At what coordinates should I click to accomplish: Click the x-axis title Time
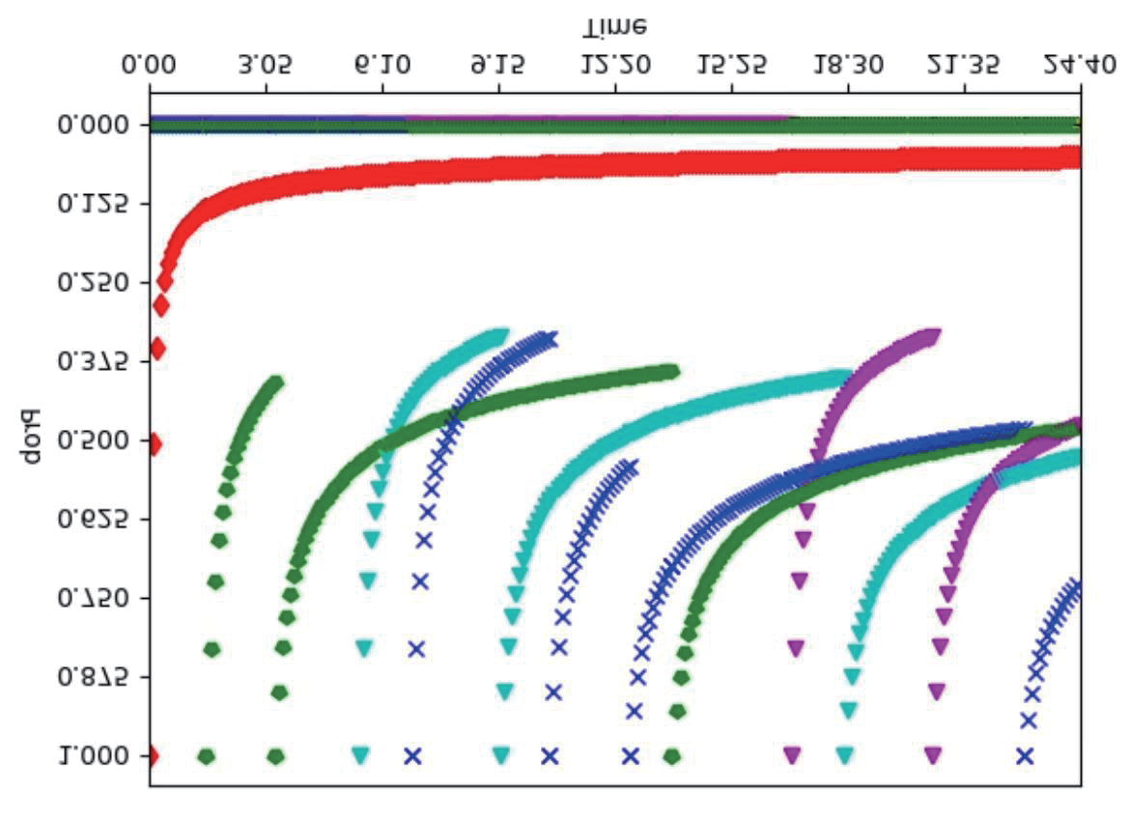pos(614,27)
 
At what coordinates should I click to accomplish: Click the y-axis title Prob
pos(31,438)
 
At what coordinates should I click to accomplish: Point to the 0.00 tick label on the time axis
pos(149,65)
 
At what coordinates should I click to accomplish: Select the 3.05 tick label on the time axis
pos(266,65)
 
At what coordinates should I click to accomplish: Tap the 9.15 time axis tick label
pos(498,65)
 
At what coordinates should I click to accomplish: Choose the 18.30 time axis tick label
pos(848,65)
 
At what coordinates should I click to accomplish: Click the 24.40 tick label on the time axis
pos(1081,65)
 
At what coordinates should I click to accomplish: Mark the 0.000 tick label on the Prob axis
pos(94,126)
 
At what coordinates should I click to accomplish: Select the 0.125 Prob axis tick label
pos(94,204)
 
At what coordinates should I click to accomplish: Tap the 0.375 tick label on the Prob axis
pos(94,362)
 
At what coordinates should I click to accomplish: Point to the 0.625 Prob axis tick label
pos(94,520)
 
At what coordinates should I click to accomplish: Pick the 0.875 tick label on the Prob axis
pos(94,677)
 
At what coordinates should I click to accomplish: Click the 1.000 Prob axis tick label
pos(94,756)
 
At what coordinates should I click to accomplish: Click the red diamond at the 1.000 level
pos(152,756)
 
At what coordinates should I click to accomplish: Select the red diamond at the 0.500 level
pos(154,445)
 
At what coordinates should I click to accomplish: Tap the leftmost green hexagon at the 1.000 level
pos(206,756)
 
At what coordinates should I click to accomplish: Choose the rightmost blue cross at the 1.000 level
pos(1024,756)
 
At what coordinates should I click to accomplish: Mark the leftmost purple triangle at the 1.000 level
pos(792,755)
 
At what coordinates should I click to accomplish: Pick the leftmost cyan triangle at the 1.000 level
pos(360,755)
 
